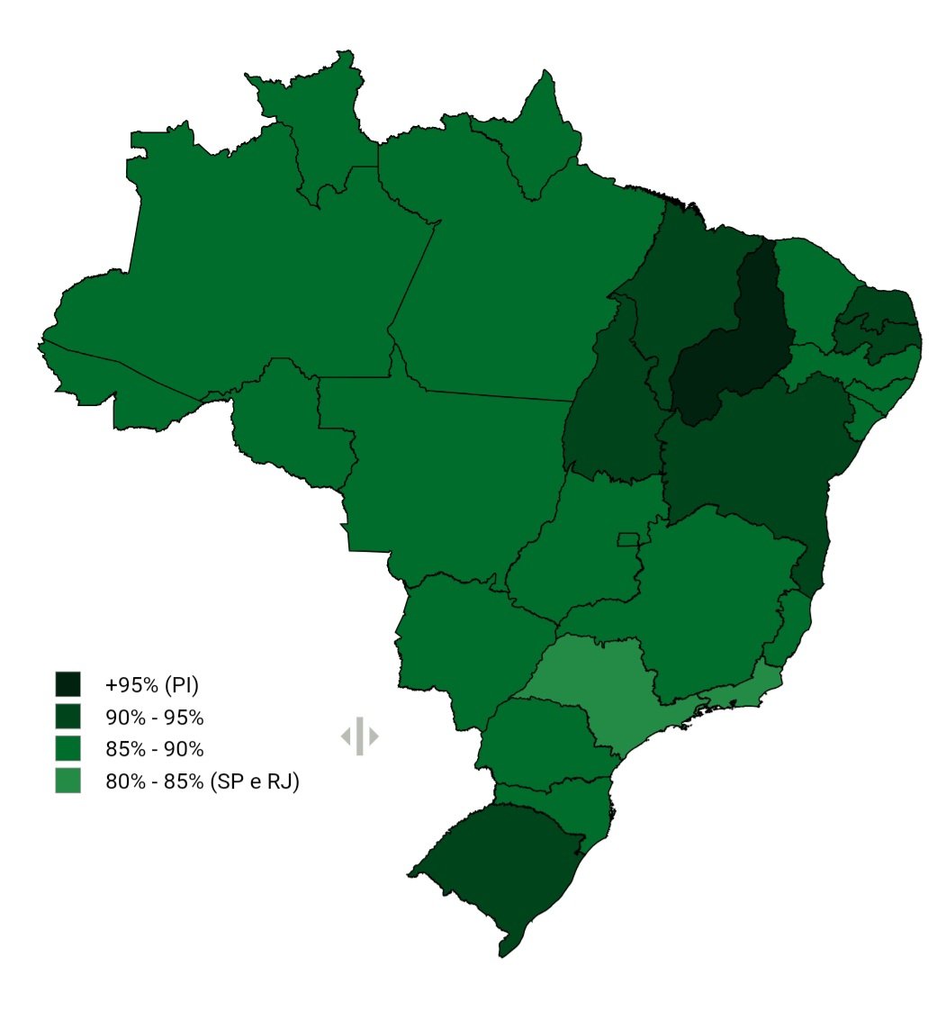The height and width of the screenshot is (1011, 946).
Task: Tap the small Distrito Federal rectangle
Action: pyautogui.click(x=628, y=539)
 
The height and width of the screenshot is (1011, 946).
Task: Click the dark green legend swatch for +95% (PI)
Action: pyautogui.click(x=68, y=684)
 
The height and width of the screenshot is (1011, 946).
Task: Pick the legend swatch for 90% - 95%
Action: pyautogui.click(x=68, y=718)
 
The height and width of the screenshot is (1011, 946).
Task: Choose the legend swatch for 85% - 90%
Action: pyautogui.click(x=68, y=749)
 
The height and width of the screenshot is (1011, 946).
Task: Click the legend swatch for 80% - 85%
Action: pyautogui.click(x=68, y=781)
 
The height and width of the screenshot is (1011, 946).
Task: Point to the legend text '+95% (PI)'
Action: pyautogui.click(x=151, y=685)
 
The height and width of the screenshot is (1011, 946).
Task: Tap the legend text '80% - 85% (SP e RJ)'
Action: pyautogui.click(x=202, y=782)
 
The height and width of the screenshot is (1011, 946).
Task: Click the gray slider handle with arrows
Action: pyautogui.click(x=359, y=736)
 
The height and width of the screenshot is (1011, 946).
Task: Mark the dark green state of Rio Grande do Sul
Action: pyautogui.click(x=495, y=864)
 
